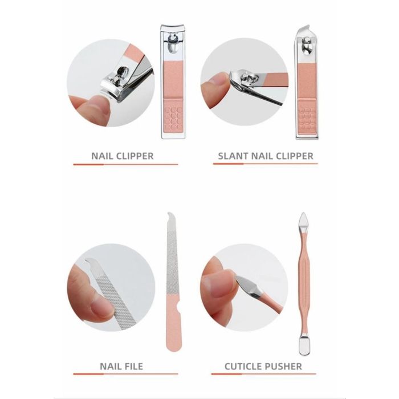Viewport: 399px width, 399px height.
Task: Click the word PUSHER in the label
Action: click(x=281, y=366)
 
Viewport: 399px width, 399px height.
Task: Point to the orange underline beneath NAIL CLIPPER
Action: click(x=125, y=164)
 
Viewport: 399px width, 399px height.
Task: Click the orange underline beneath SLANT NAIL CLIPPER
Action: click(x=265, y=164)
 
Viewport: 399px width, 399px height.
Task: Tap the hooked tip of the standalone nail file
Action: click(x=170, y=216)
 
